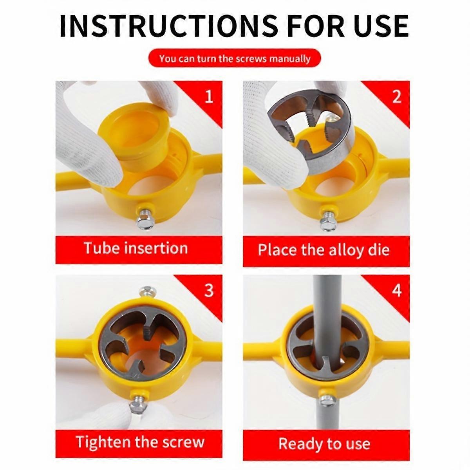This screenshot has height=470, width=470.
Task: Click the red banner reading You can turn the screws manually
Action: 235,59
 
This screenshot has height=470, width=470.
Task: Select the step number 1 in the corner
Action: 209,96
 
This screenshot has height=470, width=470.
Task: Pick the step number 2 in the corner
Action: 396,96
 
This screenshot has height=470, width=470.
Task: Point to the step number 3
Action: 209,290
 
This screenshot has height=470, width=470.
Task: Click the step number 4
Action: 396,291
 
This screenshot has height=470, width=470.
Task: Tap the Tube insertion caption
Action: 136,248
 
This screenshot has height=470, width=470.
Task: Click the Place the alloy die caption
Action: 324,250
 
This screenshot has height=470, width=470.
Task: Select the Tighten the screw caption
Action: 140,442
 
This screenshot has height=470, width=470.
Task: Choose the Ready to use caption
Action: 324,444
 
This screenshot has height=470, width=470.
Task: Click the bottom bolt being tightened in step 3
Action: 139,402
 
